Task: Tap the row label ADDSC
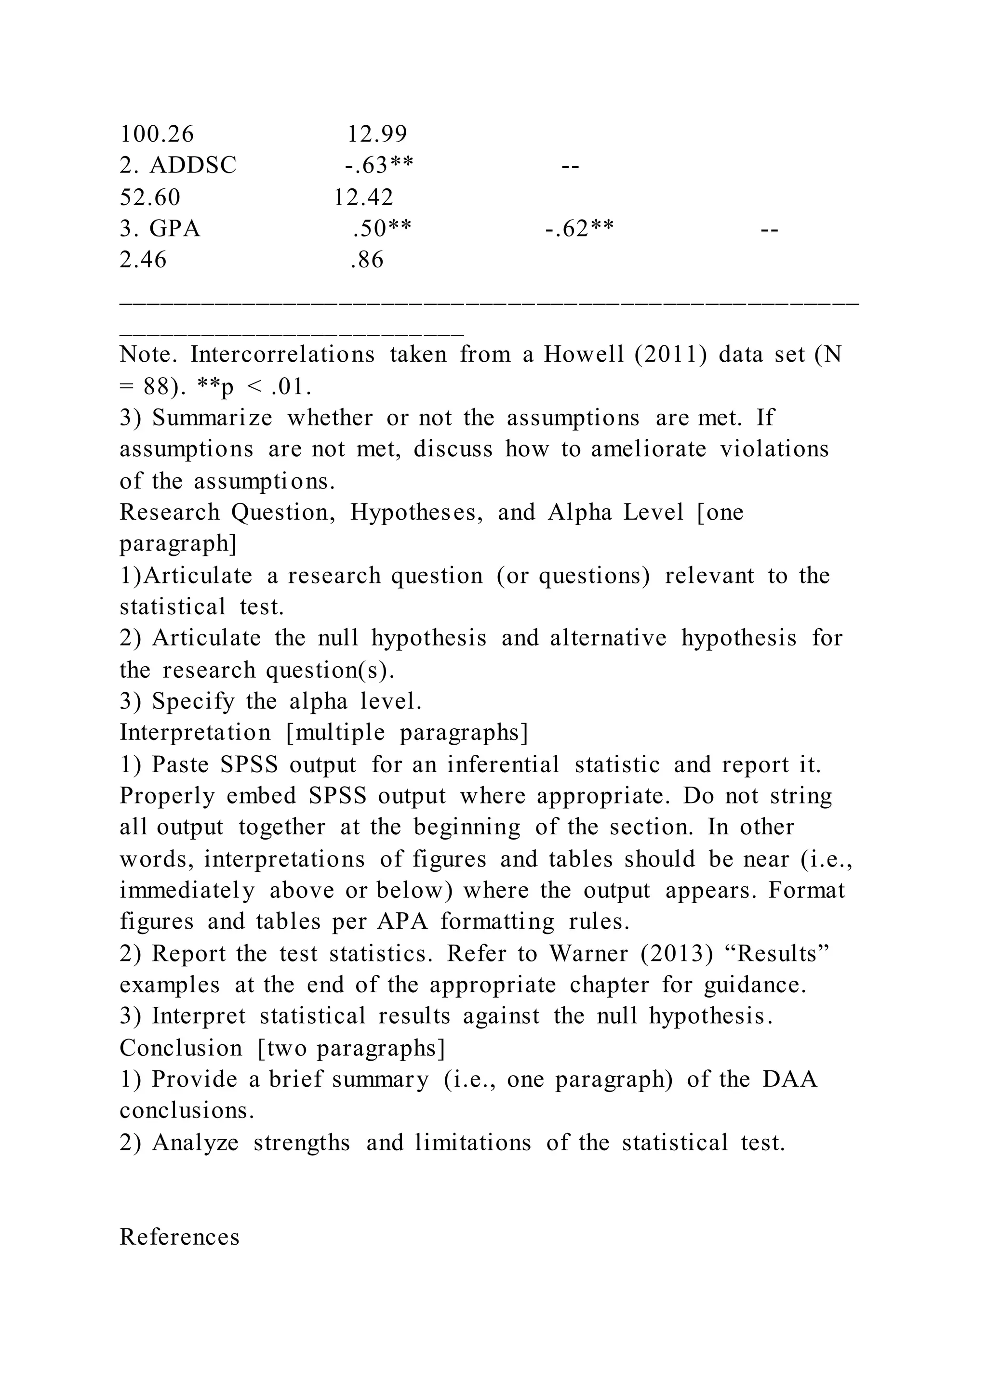193,165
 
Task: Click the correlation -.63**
379,165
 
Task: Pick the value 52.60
150,197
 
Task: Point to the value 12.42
363,197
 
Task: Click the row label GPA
175,229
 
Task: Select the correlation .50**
382,229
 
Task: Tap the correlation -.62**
579,229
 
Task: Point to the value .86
367,260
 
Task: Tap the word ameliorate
649,449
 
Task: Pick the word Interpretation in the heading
195,733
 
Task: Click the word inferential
503,765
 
